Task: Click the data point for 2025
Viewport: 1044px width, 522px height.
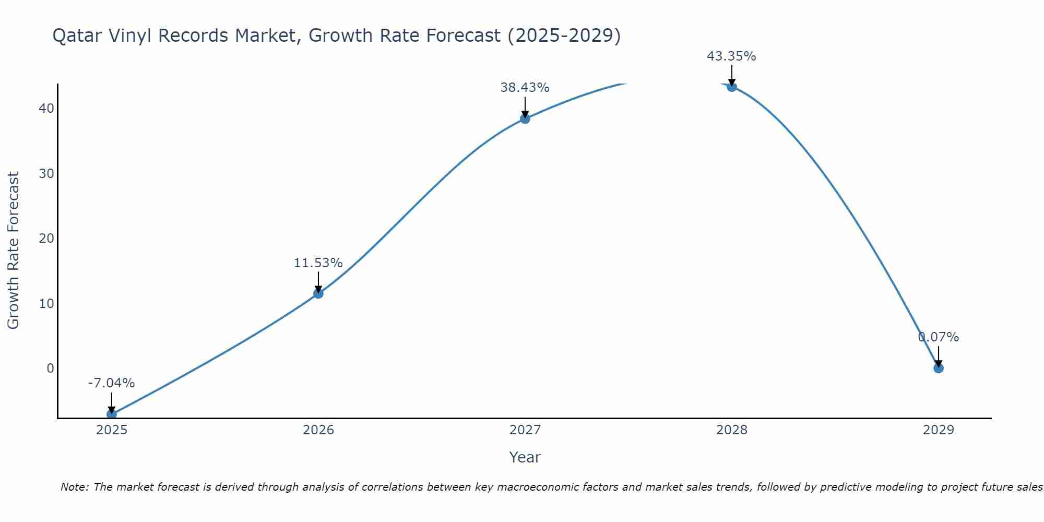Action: pyautogui.click(x=112, y=414)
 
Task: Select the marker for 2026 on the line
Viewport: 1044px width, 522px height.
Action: pyautogui.click(x=318, y=293)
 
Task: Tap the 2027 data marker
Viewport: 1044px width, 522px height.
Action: pyautogui.click(x=525, y=118)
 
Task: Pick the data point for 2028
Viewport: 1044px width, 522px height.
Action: pyautogui.click(x=732, y=87)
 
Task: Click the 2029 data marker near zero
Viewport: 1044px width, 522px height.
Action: pyautogui.click(x=939, y=368)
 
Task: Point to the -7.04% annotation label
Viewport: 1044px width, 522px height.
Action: pyautogui.click(x=111, y=383)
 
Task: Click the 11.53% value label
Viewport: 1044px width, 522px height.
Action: pyautogui.click(x=318, y=263)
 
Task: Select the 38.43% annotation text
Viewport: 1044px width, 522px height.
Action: pyautogui.click(x=525, y=88)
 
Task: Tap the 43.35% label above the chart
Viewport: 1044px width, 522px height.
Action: pyautogui.click(x=731, y=56)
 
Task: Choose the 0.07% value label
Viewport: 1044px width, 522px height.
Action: pyautogui.click(x=939, y=337)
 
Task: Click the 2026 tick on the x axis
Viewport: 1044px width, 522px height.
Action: pyautogui.click(x=318, y=430)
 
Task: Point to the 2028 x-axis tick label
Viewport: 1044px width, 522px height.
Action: pyautogui.click(x=732, y=430)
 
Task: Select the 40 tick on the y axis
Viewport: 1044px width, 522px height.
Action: pyautogui.click(x=46, y=109)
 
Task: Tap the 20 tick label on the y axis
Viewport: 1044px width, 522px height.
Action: pyautogui.click(x=46, y=239)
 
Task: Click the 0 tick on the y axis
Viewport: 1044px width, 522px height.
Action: pyautogui.click(x=50, y=369)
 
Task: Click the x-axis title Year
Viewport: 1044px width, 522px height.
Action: pyautogui.click(x=525, y=457)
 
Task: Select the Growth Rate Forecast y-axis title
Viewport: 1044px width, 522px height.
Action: pyautogui.click(x=13, y=250)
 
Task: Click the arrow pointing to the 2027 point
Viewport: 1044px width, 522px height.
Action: pyautogui.click(x=525, y=107)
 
